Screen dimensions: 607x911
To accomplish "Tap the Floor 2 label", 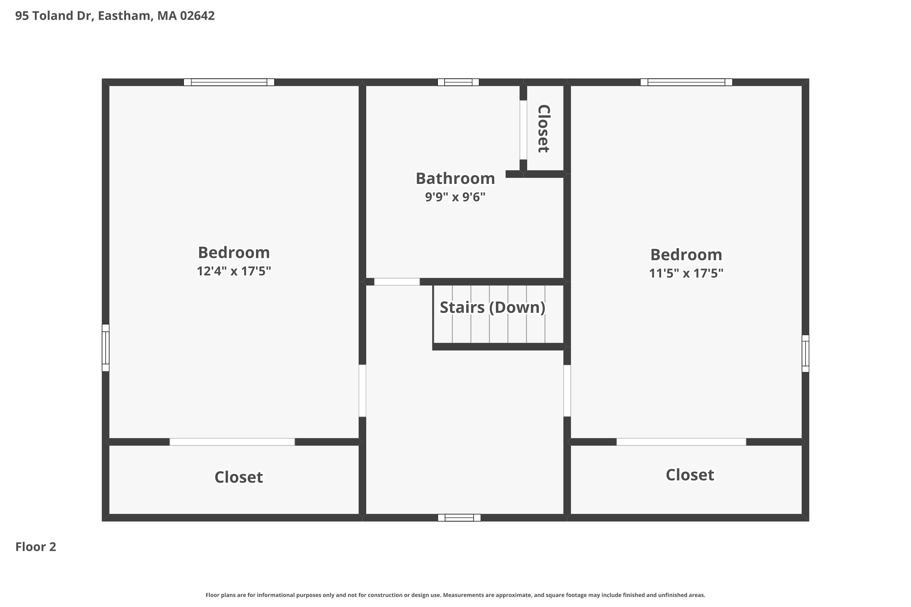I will pyautogui.click(x=36, y=547).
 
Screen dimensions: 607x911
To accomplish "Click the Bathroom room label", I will pyautogui.click(x=455, y=178).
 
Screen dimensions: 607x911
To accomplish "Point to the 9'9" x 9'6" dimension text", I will pyautogui.click(x=455, y=197).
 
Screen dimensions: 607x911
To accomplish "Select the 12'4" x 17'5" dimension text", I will pyautogui.click(x=234, y=271).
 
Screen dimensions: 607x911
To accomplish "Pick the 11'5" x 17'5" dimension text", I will pyautogui.click(x=686, y=273).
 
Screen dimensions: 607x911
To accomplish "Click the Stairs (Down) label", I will pyautogui.click(x=492, y=307).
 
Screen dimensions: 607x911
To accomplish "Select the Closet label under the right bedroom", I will pyautogui.click(x=690, y=475).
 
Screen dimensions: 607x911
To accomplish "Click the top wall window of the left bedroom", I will pyautogui.click(x=229, y=82).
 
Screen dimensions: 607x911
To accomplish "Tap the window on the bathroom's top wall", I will pyautogui.click(x=458, y=82).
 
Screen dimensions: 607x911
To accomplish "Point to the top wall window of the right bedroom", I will pyautogui.click(x=686, y=82).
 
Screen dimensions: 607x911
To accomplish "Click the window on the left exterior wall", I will pyautogui.click(x=105, y=348).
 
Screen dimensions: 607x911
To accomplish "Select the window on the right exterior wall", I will pyautogui.click(x=805, y=354).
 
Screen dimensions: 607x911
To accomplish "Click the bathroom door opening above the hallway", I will pyautogui.click(x=397, y=282).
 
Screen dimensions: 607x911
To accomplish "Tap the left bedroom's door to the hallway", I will pyautogui.click(x=362, y=391).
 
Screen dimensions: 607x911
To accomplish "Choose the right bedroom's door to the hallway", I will pyautogui.click(x=567, y=391).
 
